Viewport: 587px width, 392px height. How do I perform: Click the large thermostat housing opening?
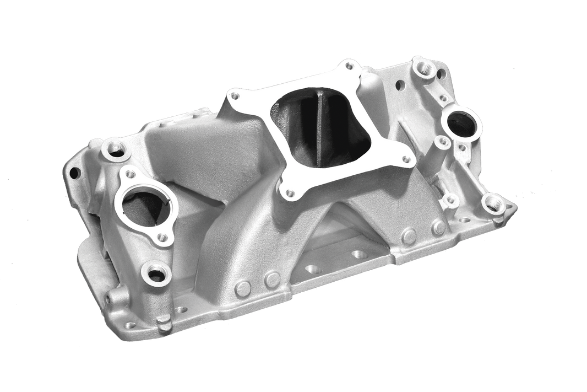pyautogui.click(x=145, y=205)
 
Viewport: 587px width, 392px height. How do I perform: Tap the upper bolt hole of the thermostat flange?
pyautogui.click(x=130, y=174)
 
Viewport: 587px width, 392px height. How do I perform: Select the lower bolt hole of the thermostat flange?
pyautogui.click(x=162, y=238)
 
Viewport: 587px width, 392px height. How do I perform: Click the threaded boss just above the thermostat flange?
pyautogui.click(x=116, y=148)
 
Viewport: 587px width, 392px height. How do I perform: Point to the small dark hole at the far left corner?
pyautogui.click(x=74, y=171)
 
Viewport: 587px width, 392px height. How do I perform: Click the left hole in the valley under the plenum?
pyautogui.click(x=313, y=269)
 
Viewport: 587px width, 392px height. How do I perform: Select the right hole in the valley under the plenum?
pyautogui.click(x=358, y=254)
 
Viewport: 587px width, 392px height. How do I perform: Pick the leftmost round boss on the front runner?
pyautogui.click(x=243, y=288)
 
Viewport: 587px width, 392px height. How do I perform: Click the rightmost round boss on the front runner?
pyautogui.click(x=438, y=227)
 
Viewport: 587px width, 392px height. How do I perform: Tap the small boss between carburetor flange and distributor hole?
pyautogui.click(x=441, y=143)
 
